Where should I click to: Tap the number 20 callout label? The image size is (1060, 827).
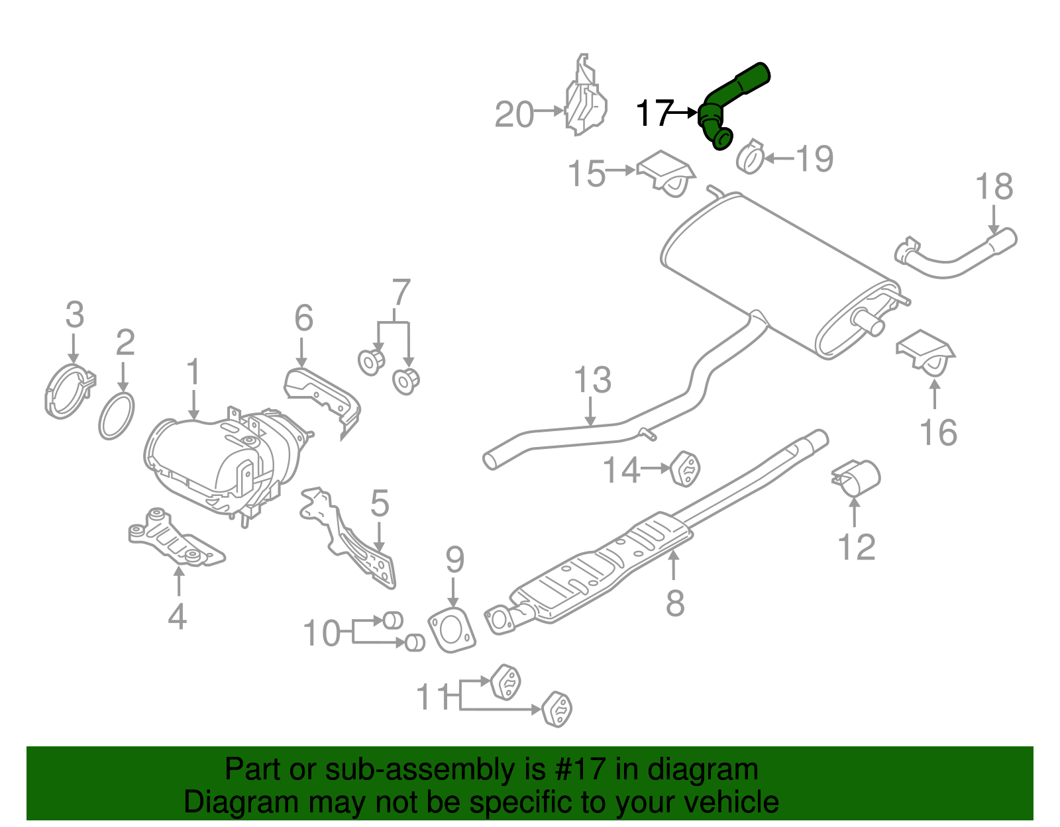(x=514, y=115)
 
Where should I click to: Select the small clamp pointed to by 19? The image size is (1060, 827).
(x=750, y=158)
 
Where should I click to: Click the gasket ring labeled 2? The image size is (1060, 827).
(x=117, y=415)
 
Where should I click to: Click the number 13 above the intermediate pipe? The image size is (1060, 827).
(x=592, y=380)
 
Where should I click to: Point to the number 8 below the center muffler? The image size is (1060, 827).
(x=674, y=603)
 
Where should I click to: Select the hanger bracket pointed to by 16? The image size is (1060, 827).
(x=926, y=352)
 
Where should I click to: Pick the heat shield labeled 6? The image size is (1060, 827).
(x=323, y=398)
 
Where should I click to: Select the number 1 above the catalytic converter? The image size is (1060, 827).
(x=193, y=372)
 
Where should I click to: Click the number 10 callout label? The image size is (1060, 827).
(x=321, y=634)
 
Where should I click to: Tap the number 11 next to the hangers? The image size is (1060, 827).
(x=434, y=697)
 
